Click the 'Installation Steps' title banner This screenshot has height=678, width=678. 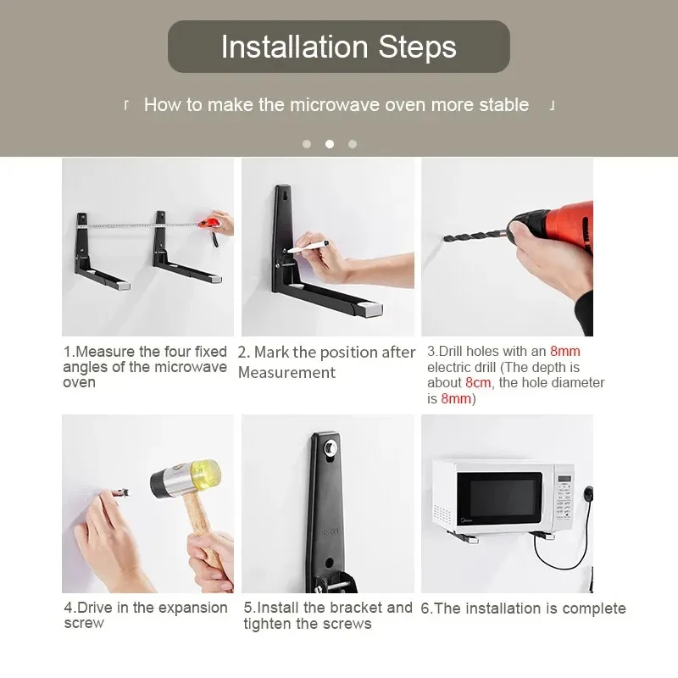(x=338, y=47)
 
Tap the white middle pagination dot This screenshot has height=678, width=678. (x=330, y=144)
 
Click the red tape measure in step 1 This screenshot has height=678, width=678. (x=208, y=223)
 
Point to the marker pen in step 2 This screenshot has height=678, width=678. (x=308, y=247)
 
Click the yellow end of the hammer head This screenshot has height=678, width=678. (x=206, y=473)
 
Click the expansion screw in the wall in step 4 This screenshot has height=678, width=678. (x=119, y=492)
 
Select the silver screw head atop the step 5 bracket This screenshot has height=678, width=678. (x=331, y=447)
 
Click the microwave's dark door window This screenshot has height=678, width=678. (x=499, y=498)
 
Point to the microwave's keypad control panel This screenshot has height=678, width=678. (x=564, y=498)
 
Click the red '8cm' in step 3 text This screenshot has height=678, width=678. (x=478, y=383)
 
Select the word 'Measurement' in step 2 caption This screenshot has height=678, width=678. (x=286, y=372)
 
